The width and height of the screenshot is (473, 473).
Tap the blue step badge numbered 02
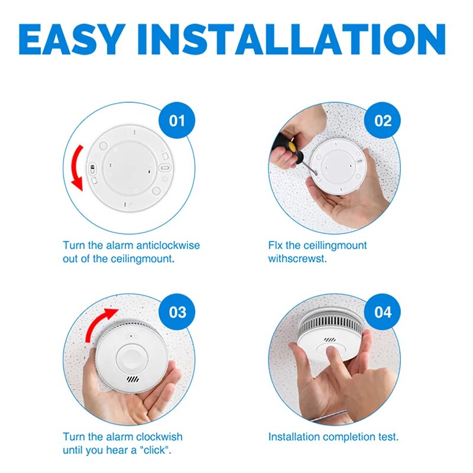pyautogui.click(x=383, y=121)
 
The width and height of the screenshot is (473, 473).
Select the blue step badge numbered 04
pyautogui.click(x=383, y=312)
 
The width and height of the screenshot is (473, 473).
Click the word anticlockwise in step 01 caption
pyautogui.click(x=169, y=245)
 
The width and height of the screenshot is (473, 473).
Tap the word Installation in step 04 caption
pyautogui.click(x=293, y=437)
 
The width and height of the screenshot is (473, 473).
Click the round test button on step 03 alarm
pyautogui.click(x=134, y=357)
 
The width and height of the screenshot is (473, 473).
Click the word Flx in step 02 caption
pyautogui.click(x=277, y=245)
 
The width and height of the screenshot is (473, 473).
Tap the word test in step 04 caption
pyautogui.click(x=387, y=437)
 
